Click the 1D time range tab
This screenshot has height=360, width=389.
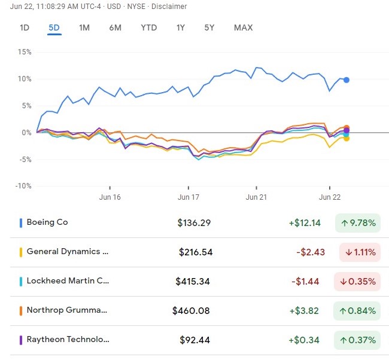pos(25,28)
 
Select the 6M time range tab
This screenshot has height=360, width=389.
pos(116,28)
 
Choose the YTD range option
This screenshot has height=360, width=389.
pos(149,28)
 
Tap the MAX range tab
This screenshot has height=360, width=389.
pos(244,28)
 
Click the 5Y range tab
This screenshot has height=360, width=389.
pos(209,28)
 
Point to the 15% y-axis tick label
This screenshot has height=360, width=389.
pos(24,51)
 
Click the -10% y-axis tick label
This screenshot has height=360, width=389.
pos(23,186)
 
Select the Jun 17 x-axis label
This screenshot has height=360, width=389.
pos(189,197)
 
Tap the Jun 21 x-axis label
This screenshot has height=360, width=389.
pos(256,197)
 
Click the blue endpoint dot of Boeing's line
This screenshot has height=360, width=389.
pos(347,80)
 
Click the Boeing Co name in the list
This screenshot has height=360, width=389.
pos(47,222)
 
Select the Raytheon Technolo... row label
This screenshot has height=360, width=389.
pos(68,340)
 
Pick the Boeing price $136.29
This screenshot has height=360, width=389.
pos(194,223)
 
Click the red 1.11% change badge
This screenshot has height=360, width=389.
pos(360,252)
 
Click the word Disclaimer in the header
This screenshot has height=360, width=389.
pos(169,7)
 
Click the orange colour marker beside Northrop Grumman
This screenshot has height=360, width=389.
pos(21,310)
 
